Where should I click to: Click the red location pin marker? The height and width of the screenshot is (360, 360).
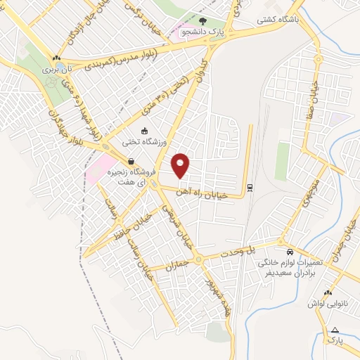[181, 165]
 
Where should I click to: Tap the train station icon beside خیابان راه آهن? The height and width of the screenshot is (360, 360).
[250, 188]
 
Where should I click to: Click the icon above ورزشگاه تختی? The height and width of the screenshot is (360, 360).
[144, 131]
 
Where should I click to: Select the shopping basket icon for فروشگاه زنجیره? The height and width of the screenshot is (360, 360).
[131, 161]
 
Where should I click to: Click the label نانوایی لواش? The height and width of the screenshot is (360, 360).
[327, 303]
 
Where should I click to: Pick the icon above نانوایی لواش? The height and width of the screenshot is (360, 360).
[327, 293]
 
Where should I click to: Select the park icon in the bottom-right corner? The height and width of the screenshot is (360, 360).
[335, 329]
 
